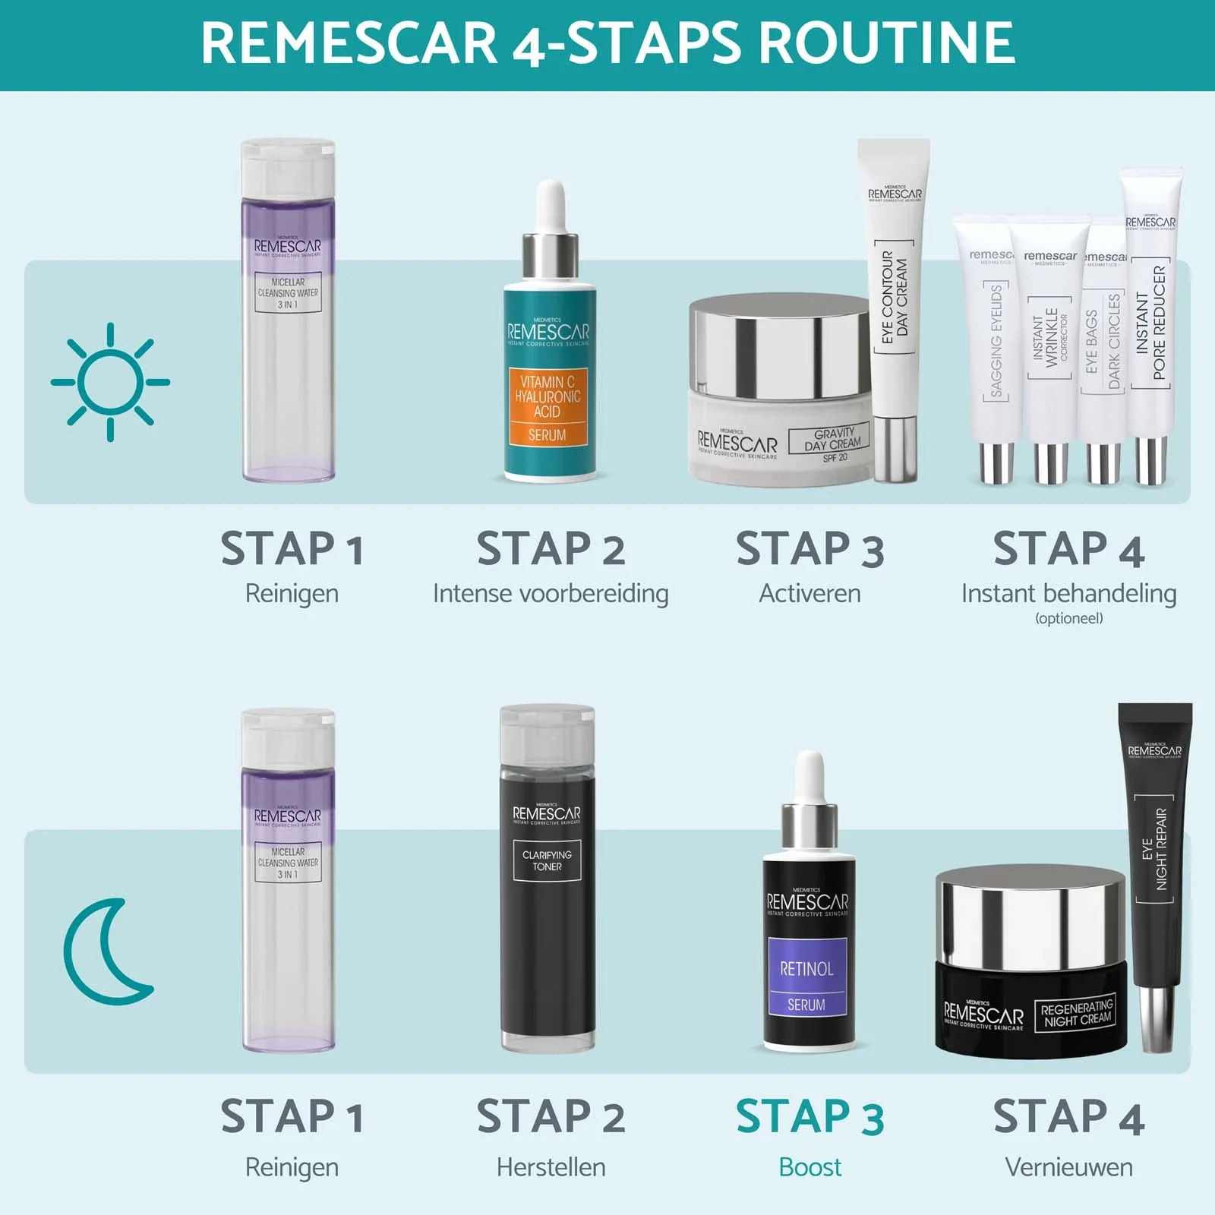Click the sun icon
[x=111, y=382]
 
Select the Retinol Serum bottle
[x=808, y=949]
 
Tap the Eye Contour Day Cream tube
[x=895, y=304]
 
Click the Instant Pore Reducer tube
[x=1151, y=327]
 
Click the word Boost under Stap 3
[x=809, y=1166]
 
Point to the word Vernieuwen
[x=1068, y=1166]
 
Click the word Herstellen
[x=551, y=1166]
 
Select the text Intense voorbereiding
[x=551, y=593]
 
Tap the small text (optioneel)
[x=1068, y=618]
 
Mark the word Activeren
[x=809, y=593]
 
